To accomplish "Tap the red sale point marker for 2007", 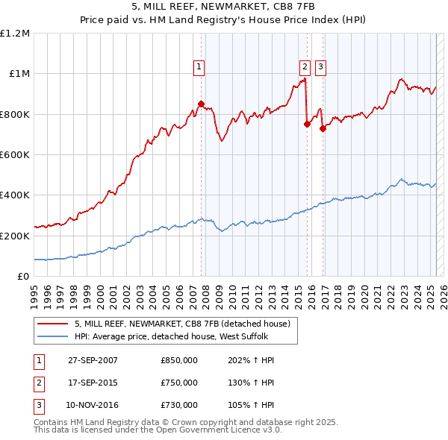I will pyautogui.click(x=201, y=104).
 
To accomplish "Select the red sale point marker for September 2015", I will pyautogui.click(x=307, y=125).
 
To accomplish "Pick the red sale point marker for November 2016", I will pyautogui.click(x=323, y=128).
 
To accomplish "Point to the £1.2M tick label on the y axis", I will pyautogui.click(x=15, y=34).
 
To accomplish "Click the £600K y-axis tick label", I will pyautogui.click(x=15, y=155).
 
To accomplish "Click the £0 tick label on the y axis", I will pyautogui.click(x=23, y=276).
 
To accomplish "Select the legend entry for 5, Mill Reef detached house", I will pyautogui.click(x=187, y=324).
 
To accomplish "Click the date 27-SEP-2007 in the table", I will pyautogui.click(x=93, y=360).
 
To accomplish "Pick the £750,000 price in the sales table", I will pyautogui.click(x=179, y=383).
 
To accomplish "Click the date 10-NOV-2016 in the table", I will pyautogui.click(x=93, y=405).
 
